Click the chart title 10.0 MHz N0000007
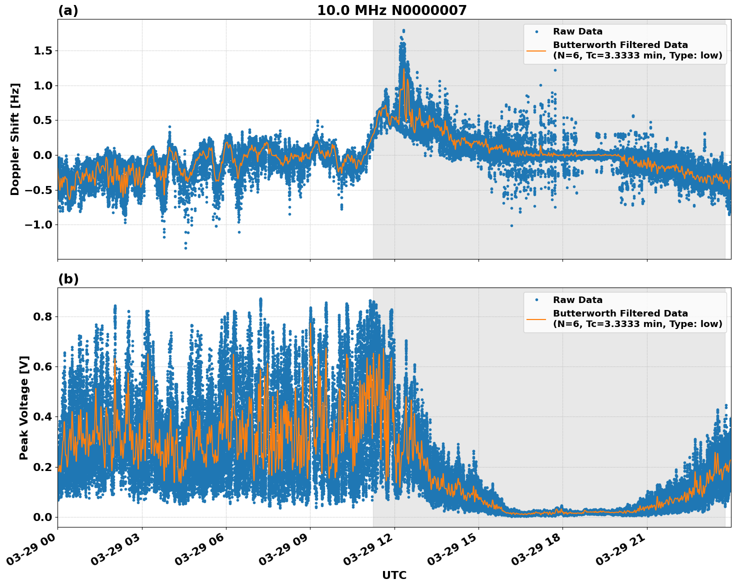click(391, 10)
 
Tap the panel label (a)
click(68, 10)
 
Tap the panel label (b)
click(68, 279)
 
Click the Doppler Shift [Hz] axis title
click(15, 139)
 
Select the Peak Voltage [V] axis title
click(23, 407)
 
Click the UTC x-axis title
click(394, 575)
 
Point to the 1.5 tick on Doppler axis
click(43, 50)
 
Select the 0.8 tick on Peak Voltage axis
click(43, 316)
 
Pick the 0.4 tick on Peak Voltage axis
click(43, 416)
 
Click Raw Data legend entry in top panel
click(577, 31)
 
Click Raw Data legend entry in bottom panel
click(577, 300)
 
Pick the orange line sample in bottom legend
click(536, 318)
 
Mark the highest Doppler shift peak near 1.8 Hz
click(403, 30)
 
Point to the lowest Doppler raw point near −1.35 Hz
click(185, 248)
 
